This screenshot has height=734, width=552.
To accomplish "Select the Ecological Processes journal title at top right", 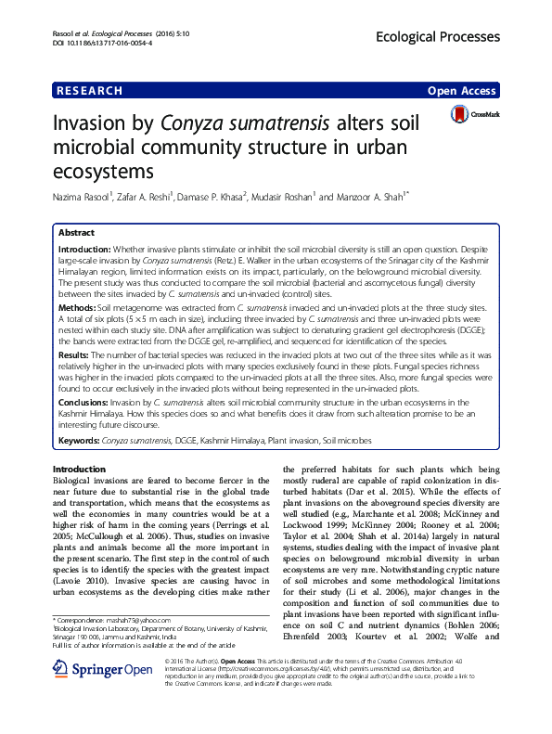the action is [446, 37].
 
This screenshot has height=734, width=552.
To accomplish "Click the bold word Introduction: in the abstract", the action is [84, 250].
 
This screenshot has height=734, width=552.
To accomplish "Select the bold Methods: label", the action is [76, 305].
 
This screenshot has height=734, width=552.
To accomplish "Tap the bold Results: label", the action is [74, 354].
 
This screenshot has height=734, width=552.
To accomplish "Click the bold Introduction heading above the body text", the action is [79, 470].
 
